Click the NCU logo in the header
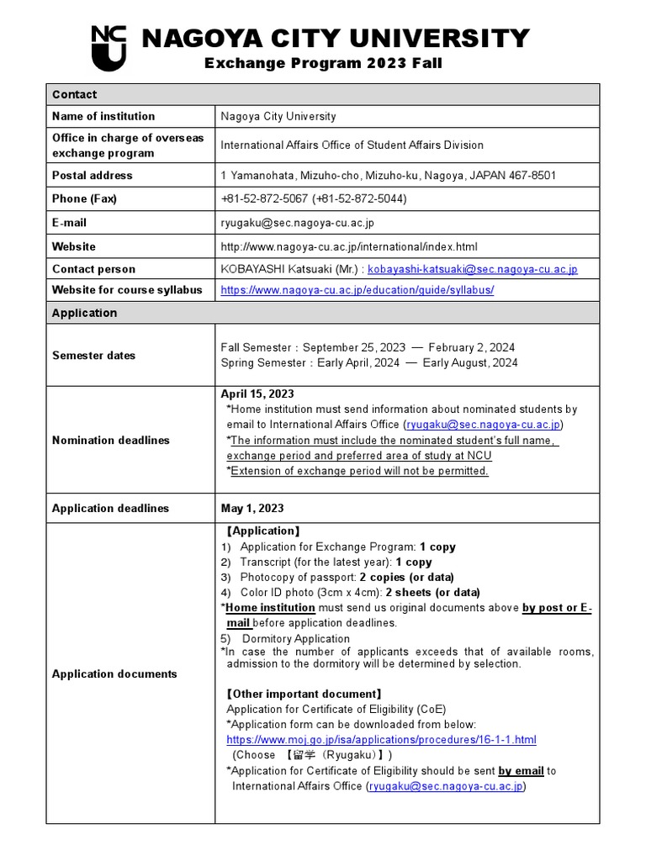[x=109, y=48]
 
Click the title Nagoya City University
[x=335, y=39]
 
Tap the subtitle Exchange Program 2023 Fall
[x=324, y=64]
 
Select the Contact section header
[x=75, y=94]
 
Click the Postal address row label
[x=93, y=176]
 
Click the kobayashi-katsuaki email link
[x=472, y=269]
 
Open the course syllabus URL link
[x=357, y=290]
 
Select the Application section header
[x=85, y=313]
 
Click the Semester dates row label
[x=93, y=356]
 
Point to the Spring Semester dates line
[x=369, y=363]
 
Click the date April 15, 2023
[x=257, y=394]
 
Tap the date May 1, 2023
[x=252, y=509]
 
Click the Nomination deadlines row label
[x=111, y=441]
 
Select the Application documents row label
[x=114, y=674]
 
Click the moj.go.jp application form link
[x=381, y=740]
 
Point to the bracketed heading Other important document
[x=304, y=695]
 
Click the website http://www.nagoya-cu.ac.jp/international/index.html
[x=349, y=247]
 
